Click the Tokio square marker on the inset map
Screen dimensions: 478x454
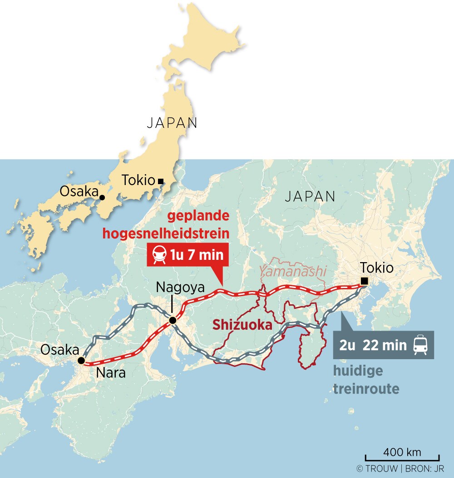click(x=160, y=181)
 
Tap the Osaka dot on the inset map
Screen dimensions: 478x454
click(x=102, y=197)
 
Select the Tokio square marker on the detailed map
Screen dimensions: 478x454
click(x=364, y=281)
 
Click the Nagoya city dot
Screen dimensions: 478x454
click(x=173, y=321)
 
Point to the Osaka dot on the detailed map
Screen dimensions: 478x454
click(x=81, y=361)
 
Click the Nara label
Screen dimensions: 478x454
click(x=111, y=373)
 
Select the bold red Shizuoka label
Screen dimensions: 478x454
click(x=242, y=325)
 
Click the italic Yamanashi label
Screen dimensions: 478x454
click(x=293, y=271)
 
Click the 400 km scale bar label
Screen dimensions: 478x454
click(x=402, y=452)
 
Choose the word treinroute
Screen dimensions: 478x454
click(x=366, y=389)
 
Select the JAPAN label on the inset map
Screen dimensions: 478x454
click(x=172, y=123)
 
